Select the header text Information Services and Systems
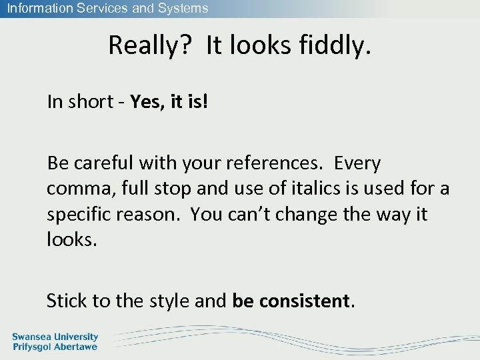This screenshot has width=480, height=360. tap(107, 9)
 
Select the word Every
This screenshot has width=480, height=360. tap(357, 163)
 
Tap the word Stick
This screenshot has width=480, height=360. tap(67, 301)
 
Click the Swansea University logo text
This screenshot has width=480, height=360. tap(55, 337)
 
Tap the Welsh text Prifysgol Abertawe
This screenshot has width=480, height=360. tap(55, 347)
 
